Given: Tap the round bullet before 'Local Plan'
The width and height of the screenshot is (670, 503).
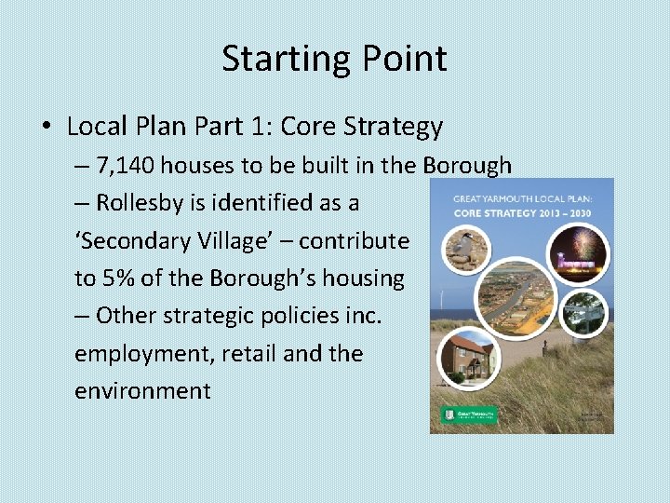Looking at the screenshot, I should pos(49,127).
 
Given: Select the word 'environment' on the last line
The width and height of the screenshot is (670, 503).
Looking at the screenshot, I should pos(142,390).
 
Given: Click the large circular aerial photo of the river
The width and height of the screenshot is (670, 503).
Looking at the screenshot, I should pos(516,297).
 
